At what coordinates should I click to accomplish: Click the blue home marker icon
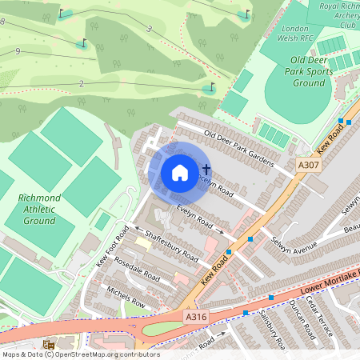180,172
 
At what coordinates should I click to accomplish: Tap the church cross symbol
206,170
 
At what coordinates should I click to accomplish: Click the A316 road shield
197,317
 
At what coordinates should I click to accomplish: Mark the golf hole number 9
18,51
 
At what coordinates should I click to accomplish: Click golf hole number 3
149,29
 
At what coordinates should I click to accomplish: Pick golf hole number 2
82,83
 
